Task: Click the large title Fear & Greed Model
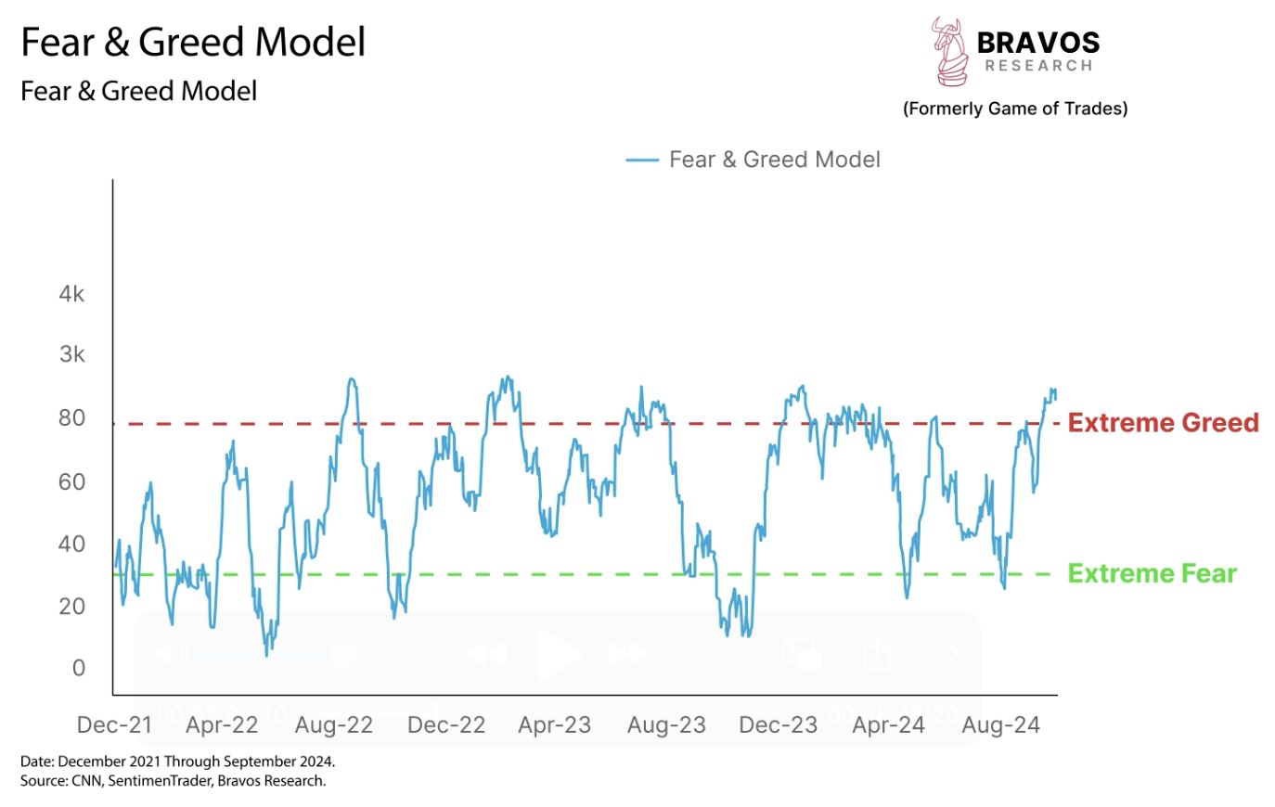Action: [193, 43]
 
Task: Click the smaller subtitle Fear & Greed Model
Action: [138, 91]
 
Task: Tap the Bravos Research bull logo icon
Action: [948, 51]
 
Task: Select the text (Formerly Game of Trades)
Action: [1015, 109]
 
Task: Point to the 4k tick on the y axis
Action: [71, 294]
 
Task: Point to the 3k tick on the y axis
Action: [71, 354]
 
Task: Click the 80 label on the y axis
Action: [71, 418]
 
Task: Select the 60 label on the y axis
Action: [71, 481]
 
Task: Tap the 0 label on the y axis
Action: [78, 668]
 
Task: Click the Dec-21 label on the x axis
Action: [114, 725]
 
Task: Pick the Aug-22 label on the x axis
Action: [333, 725]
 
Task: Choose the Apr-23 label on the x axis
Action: [554, 725]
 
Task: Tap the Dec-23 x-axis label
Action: [778, 725]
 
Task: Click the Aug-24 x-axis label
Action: [1000, 725]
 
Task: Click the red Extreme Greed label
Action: [1163, 423]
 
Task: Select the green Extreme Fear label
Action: [1152, 574]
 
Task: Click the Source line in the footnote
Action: [174, 781]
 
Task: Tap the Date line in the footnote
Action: [177, 762]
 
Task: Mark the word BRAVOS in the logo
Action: [1037, 43]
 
